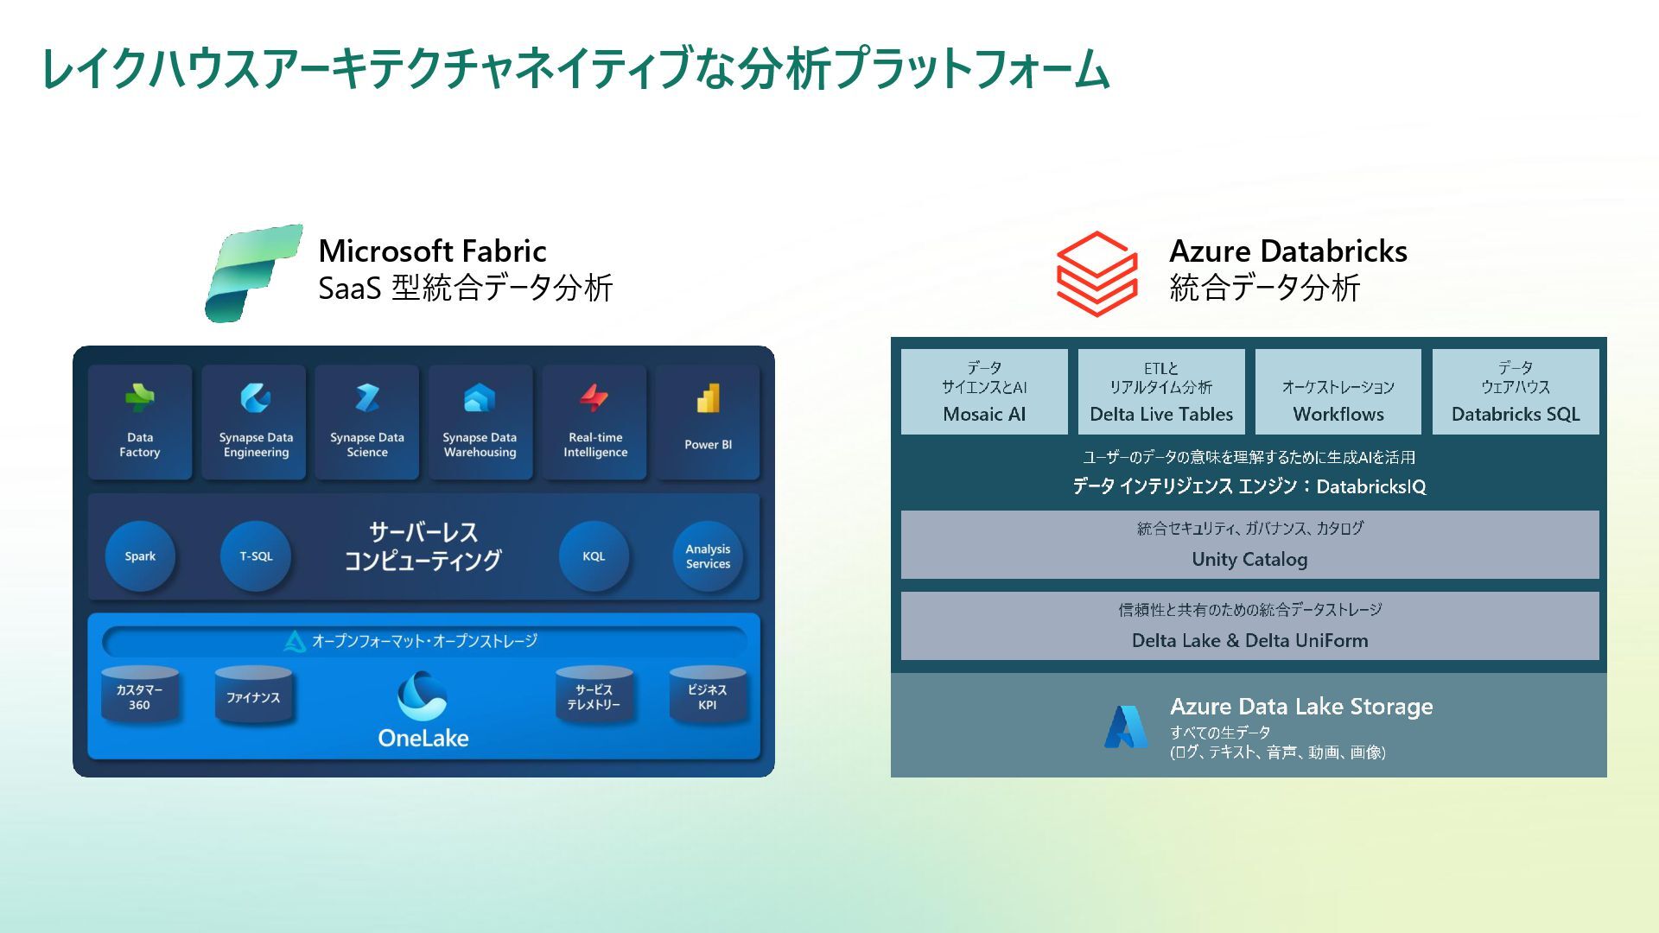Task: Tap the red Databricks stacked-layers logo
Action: tap(1096, 273)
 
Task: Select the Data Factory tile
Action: tap(140, 422)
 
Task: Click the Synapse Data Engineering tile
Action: tap(255, 422)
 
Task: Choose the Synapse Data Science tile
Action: tap(367, 422)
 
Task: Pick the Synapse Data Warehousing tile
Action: tap(480, 422)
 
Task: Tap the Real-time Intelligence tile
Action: tap(594, 422)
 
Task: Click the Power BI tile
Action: tap(708, 422)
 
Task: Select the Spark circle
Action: tap(140, 556)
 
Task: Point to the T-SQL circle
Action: tap(256, 556)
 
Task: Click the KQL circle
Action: tap(594, 556)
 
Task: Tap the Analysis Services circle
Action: tap(708, 556)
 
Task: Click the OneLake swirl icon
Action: tap(423, 696)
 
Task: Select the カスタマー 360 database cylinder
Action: tap(140, 695)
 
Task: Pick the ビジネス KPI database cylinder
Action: tap(708, 695)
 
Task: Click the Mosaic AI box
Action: tap(984, 391)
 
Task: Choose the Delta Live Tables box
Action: tap(1161, 391)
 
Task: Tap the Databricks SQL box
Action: tap(1516, 391)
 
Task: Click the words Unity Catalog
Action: tap(1249, 559)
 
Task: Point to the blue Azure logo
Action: tap(1126, 727)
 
